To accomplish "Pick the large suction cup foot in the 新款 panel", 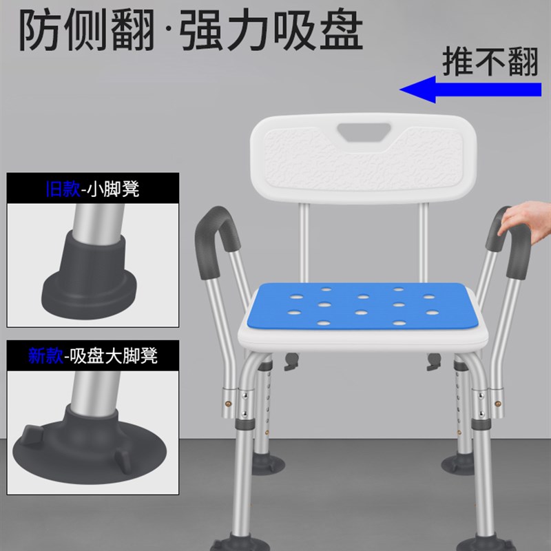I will click(90, 441).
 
